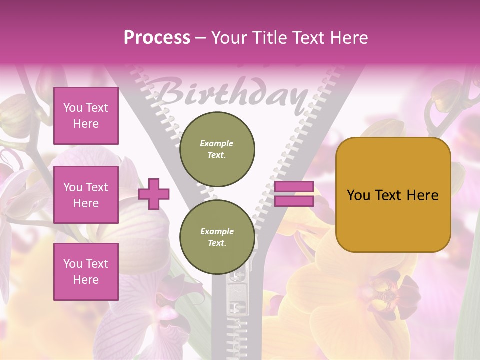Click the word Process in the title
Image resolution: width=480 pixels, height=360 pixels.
click(157, 37)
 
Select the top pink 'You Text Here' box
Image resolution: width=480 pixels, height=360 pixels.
click(86, 116)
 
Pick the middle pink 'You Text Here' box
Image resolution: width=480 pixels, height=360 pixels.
click(86, 195)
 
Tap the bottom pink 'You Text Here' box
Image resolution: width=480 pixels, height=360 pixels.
click(86, 271)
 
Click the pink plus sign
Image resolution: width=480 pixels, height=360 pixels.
click(154, 194)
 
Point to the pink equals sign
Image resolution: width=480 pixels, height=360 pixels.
click(294, 194)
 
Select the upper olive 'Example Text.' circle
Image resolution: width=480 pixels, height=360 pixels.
click(217, 149)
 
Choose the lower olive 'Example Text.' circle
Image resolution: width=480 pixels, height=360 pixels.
click(217, 237)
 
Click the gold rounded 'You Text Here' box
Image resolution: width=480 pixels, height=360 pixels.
click(393, 195)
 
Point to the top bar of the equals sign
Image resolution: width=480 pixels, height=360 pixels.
click(294, 187)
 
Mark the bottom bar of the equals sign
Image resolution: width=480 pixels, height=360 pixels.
click(294, 201)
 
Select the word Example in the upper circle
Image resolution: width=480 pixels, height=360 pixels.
click(217, 143)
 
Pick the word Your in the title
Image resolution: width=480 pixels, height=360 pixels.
click(229, 37)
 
